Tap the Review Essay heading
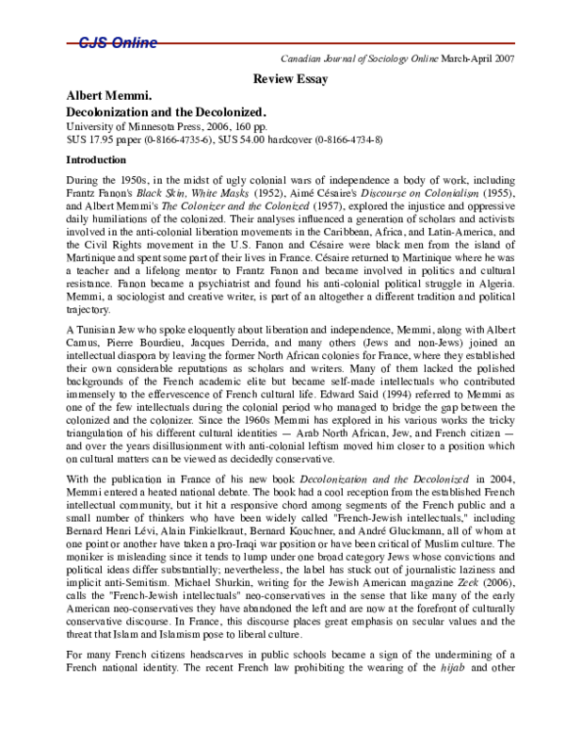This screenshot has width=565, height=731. coord(291,79)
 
